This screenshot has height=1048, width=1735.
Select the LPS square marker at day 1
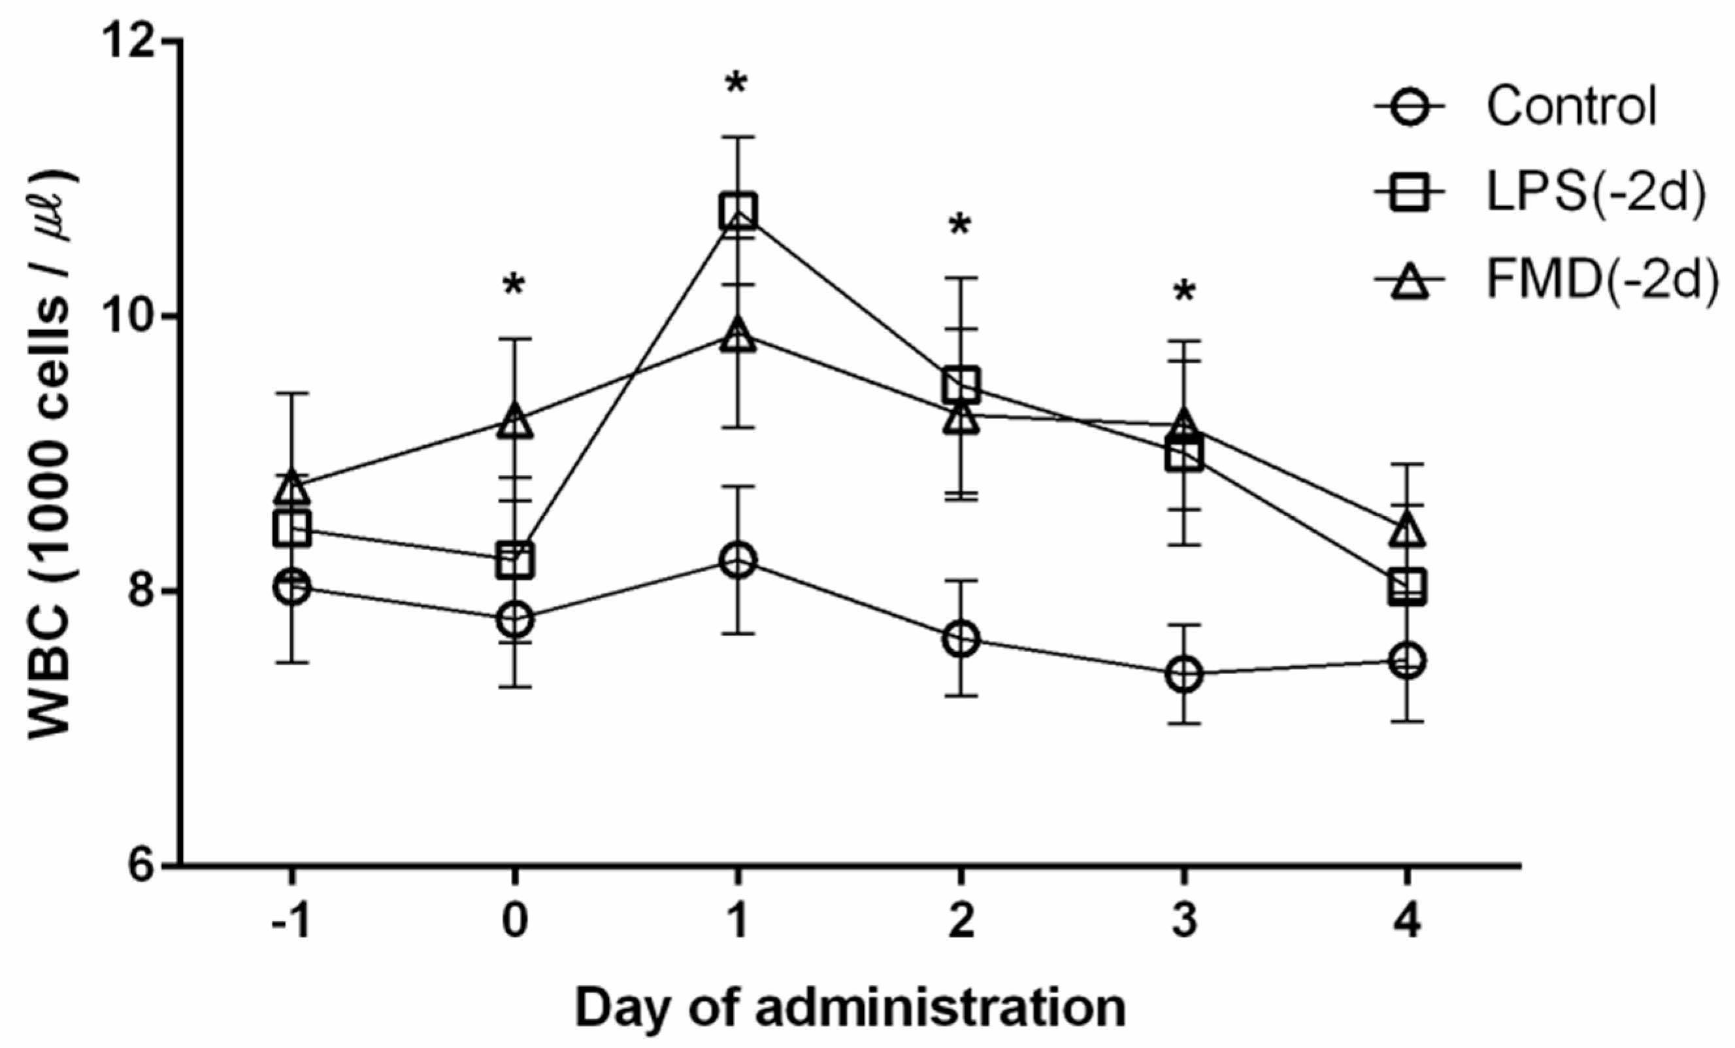tap(738, 211)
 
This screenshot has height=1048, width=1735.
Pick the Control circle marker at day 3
tap(1184, 674)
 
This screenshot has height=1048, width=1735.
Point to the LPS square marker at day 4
tap(1407, 586)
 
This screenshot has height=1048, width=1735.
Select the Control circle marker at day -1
tap(292, 586)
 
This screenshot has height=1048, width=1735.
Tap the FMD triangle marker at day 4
tap(1407, 531)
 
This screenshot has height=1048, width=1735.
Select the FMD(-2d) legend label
tap(1600, 279)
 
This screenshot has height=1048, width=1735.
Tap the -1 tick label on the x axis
tap(291, 921)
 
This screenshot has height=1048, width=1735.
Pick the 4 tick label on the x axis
tap(1407, 921)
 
